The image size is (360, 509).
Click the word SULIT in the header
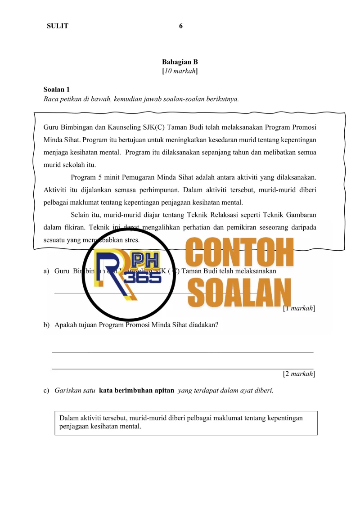pos(58,26)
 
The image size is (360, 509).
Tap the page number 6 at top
pos(180,26)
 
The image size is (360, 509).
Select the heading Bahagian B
pos(180,62)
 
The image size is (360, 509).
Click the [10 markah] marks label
pos(180,71)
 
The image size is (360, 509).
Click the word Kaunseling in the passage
pos(121,127)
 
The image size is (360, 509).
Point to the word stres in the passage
pos(131,240)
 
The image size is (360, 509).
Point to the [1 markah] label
pos(298,308)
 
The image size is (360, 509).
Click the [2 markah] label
pos(298,374)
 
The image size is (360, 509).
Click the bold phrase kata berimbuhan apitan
pos(136,391)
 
